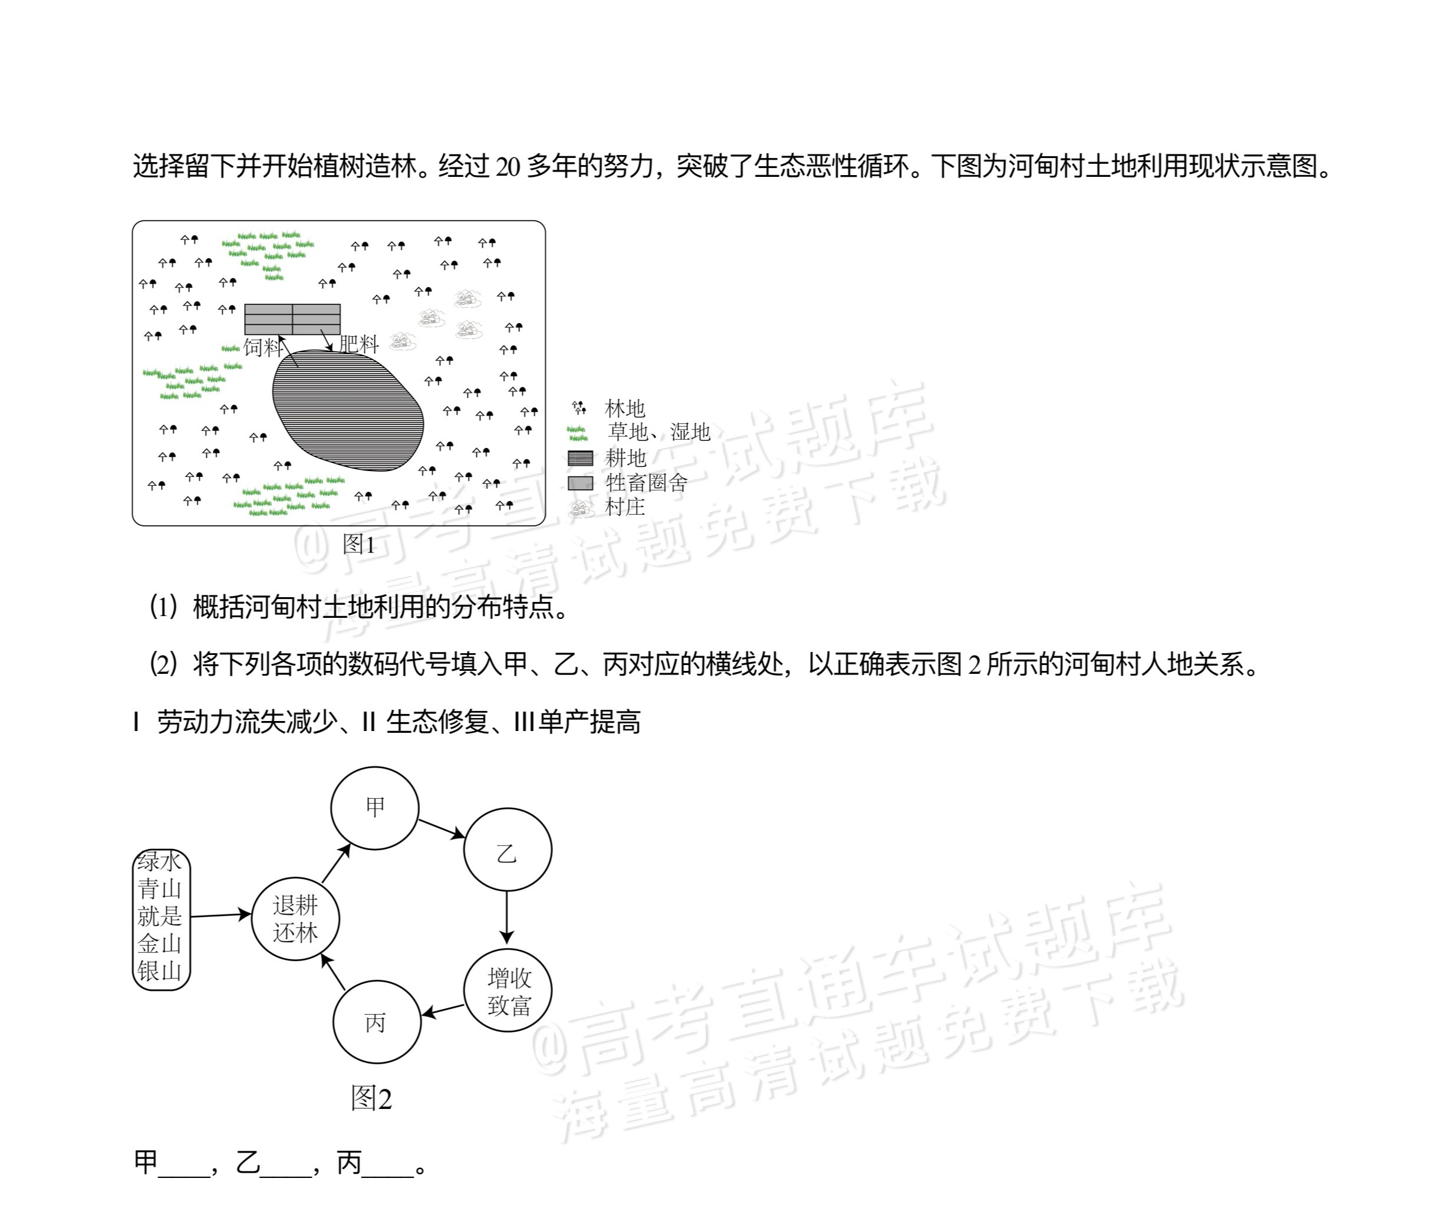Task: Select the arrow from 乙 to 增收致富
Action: click(x=507, y=918)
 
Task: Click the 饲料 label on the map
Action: click(x=263, y=347)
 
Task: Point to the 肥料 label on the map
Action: click(x=358, y=344)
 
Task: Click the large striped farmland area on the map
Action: click(x=347, y=410)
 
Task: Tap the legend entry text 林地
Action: click(x=625, y=408)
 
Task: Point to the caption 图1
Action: click(x=359, y=544)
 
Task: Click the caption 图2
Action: click(x=371, y=1098)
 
